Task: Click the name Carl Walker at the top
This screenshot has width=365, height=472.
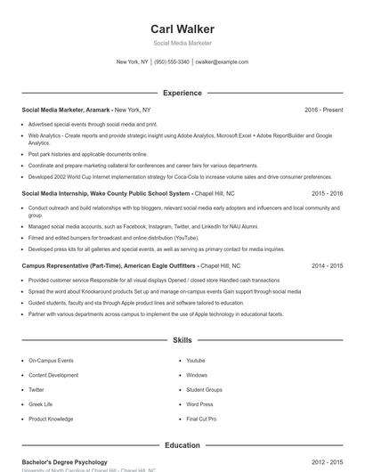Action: [182, 29]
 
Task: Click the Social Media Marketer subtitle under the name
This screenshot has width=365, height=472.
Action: [182, 43]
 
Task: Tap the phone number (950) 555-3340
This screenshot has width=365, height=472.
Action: [171, 62]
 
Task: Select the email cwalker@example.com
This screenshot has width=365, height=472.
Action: [222, 62]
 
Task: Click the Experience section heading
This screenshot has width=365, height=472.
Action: [182, 93]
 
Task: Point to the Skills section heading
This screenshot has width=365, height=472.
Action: [182, 340]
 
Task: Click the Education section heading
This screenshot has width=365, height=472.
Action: [182, 445]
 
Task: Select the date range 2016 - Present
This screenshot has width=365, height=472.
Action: [323, 110]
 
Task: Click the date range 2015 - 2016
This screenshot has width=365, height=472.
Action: [328, 193]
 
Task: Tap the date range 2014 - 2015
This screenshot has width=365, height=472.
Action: [328, 265]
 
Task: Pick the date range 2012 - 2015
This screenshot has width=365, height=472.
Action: [328, 462]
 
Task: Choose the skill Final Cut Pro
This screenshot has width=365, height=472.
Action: [200, 419]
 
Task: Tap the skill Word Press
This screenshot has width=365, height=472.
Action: [199, 404]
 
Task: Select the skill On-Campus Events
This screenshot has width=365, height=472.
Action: [51, 361]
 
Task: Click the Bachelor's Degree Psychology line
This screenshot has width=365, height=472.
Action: [64, 462]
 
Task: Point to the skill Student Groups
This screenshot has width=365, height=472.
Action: [204, 390]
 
